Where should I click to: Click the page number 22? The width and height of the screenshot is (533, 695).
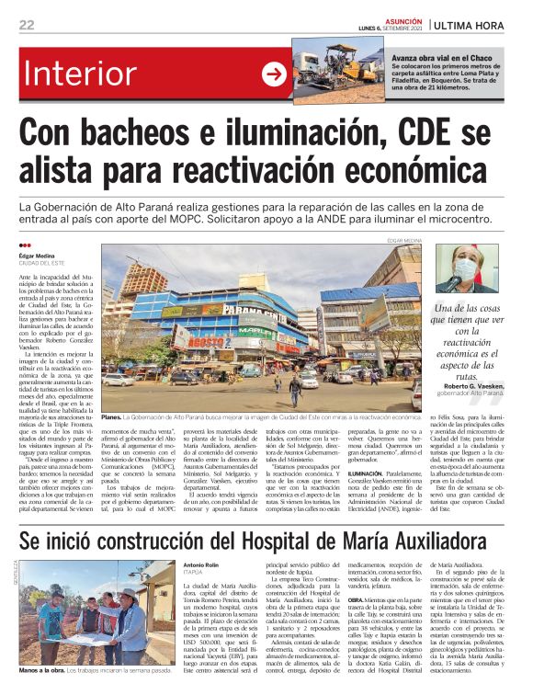click(27, 25)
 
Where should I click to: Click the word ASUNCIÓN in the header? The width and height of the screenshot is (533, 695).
click(404, 18)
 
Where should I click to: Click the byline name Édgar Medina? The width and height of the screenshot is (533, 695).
click(38, 256)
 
